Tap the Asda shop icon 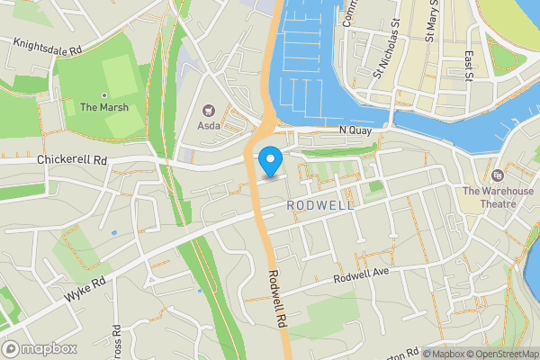(210, 110)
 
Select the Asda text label (209, 125)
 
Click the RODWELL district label (321, 205)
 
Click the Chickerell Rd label (73, 160)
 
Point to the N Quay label (355, 132)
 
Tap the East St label (468, 63)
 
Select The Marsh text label (104, 107)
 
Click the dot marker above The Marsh (104, 94)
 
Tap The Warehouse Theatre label (498, 197)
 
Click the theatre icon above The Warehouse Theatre (498, 174)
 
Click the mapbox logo (39, 348)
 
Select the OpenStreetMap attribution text (501, 354)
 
